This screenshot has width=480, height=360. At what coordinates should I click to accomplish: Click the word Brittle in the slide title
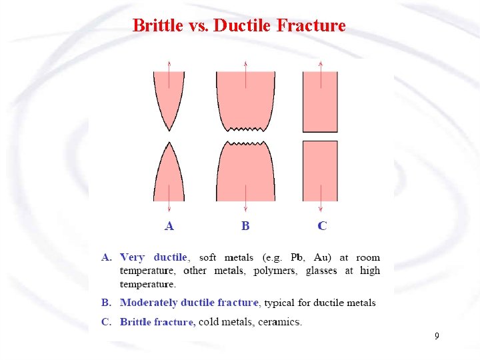pos(157,26)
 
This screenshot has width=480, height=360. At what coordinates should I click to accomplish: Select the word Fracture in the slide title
pos(310,26)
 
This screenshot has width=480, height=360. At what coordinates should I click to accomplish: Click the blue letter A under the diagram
pos(169,226)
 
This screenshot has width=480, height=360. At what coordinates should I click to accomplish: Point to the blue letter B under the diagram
pos(245,226)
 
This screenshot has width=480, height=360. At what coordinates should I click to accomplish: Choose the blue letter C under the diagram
pos(322,226)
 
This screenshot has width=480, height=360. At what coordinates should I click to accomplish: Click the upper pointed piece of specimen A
pos(169,97)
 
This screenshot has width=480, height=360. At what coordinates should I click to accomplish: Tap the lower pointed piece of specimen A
pos(169,177)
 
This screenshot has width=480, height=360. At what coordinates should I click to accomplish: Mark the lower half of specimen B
pos(245,173)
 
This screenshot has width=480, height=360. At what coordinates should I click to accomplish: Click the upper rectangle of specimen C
pos(320,101)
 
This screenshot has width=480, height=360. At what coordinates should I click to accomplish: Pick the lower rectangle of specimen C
pos(320,171)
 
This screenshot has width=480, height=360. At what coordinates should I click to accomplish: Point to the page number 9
pos(437,337)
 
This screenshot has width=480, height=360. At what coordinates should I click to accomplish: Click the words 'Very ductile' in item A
pos(154,257)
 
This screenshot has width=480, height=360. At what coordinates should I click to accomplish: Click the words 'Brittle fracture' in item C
pos(157,322)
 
